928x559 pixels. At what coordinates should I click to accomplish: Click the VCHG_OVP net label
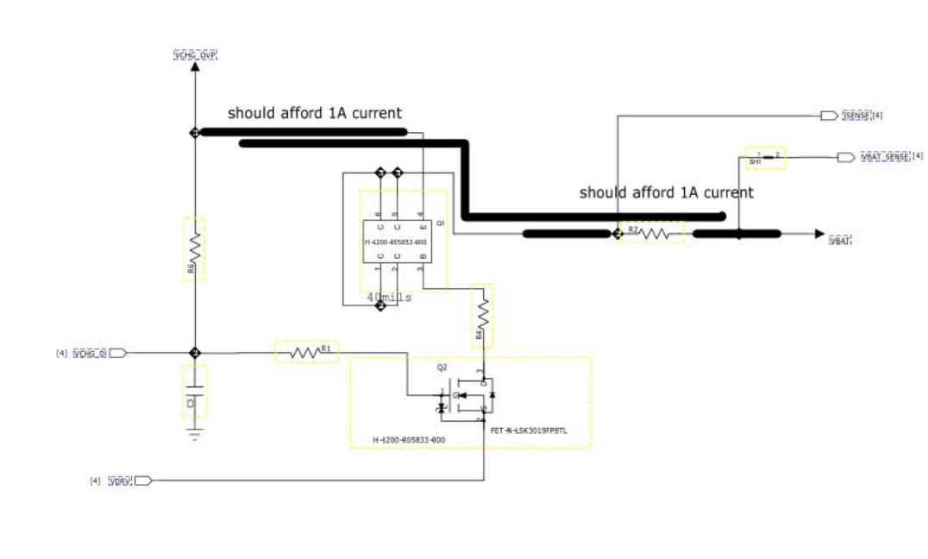click(x=195, y=55)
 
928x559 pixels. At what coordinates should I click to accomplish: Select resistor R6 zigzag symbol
click(x=195, y=249)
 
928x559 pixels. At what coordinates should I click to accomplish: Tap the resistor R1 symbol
click(x=304, y=352)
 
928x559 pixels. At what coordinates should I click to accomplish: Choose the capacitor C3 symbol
click(x=195, y=393)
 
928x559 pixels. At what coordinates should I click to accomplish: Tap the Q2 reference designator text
click(x=442, y=367)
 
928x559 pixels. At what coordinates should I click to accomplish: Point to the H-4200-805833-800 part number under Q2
click(x=409, y=440)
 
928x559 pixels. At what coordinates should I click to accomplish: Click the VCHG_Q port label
click(x=90, y=353)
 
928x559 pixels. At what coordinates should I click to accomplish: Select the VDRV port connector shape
click(x=144, y=480)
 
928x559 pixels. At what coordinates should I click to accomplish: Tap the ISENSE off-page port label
click(x=856, y=115)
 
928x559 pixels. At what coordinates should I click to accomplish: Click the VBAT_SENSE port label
click(x=885, y=157)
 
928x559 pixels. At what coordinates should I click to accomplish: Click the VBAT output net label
click(x=840, y=241)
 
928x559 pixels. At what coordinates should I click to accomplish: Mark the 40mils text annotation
click(x=389, y=298)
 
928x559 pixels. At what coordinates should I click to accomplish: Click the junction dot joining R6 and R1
click(x=195, y=353)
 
